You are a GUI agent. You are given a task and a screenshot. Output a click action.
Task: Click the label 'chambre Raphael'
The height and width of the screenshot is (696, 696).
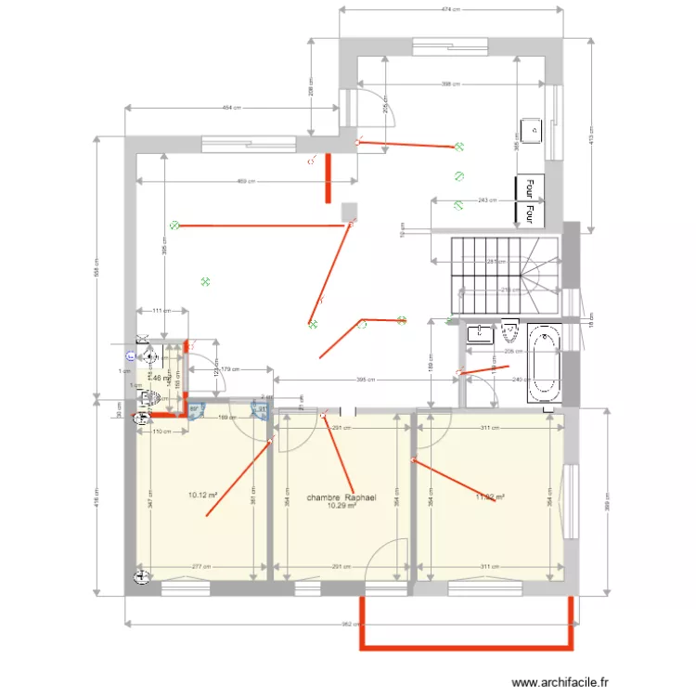(341, 497)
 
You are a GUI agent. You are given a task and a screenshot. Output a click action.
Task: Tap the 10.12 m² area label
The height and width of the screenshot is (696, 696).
(202, 495)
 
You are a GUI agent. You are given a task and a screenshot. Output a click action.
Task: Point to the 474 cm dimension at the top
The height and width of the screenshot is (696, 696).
(451, 10)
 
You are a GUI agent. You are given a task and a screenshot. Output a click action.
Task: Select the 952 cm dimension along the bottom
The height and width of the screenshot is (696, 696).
(350, 625)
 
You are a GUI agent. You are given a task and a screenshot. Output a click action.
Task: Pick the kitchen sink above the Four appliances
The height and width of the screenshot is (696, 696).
(533, 131)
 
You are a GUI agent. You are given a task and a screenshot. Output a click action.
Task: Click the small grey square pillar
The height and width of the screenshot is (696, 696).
(349, 212)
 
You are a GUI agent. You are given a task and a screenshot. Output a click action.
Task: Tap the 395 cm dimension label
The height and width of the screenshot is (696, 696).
(366, 380)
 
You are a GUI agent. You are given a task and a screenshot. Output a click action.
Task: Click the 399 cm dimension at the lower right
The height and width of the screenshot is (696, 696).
(607, 501)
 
